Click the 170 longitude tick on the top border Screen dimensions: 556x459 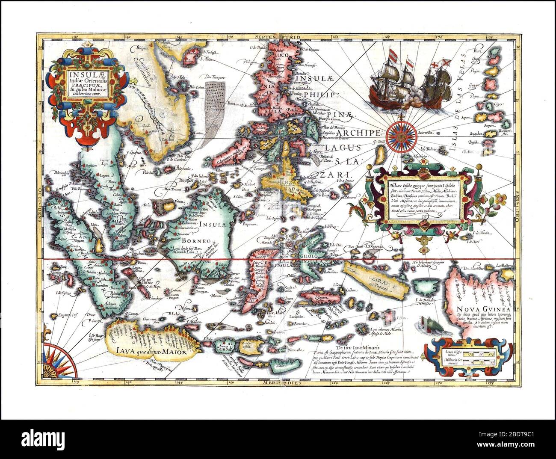coord(437,37)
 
